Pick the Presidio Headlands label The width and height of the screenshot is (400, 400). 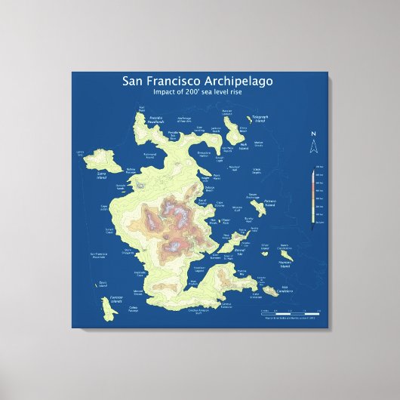coord(155,118)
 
